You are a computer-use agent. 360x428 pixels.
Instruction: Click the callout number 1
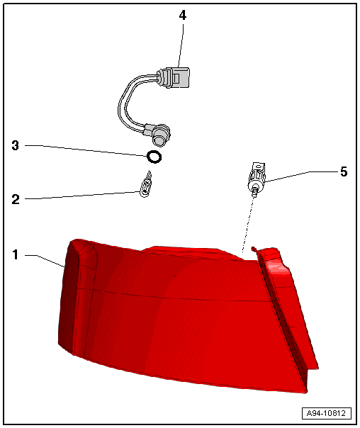point(16,253)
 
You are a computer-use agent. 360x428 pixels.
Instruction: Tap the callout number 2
point(16,199)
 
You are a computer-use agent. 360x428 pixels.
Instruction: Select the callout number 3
point(16,146)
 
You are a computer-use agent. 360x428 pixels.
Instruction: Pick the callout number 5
point(343,171)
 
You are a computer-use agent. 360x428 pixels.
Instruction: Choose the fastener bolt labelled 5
point(257,179)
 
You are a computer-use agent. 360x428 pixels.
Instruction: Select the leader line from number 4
point(181,43)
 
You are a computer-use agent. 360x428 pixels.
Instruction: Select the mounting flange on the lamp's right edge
point(287,312)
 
